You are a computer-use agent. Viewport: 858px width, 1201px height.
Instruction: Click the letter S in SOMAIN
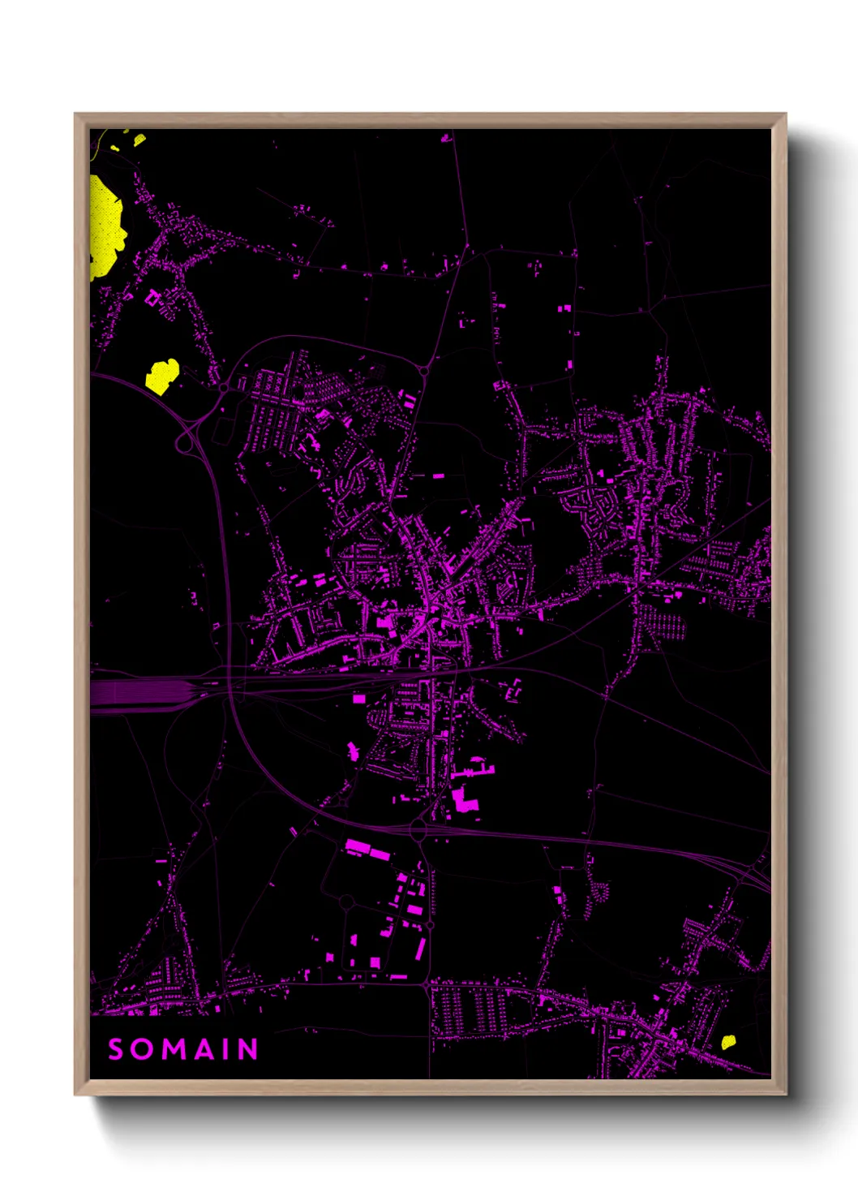(116, 1049)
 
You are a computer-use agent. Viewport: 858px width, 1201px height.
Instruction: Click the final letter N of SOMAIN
(248, 1049)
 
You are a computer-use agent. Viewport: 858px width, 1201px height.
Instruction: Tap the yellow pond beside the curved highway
(161, 376)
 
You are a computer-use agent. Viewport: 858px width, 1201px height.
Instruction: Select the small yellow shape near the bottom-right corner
(728, 1041)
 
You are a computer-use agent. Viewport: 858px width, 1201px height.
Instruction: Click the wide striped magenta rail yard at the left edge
(138, 694)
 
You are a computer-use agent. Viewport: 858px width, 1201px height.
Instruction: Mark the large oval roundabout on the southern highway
(418, 829)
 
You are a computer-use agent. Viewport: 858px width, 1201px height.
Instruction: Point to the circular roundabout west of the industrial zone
(346, 902)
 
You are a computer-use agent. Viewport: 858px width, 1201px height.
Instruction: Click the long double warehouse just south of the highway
(367, 849)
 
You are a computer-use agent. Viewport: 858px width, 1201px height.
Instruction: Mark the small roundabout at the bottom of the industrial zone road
(427, 984)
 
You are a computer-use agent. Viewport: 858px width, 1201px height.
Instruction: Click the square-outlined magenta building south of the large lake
(152, 299)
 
